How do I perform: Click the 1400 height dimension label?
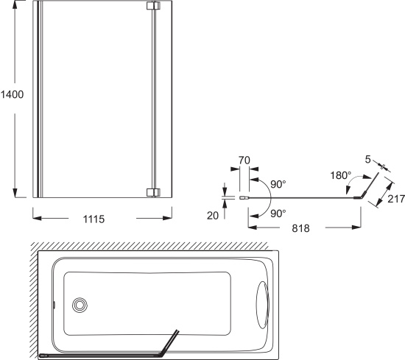pos(12,94)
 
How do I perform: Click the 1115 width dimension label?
pos(94,219)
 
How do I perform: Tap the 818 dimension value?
pos(300,228)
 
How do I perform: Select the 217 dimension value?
pos(396,199)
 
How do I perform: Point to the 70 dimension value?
pos(244,160)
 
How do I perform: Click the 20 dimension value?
pos(213,216)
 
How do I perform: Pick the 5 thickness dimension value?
pos(367,160)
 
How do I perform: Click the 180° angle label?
pos(341,176)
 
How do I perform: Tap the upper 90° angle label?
pos(278,184)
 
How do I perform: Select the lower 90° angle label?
pos(278,213)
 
